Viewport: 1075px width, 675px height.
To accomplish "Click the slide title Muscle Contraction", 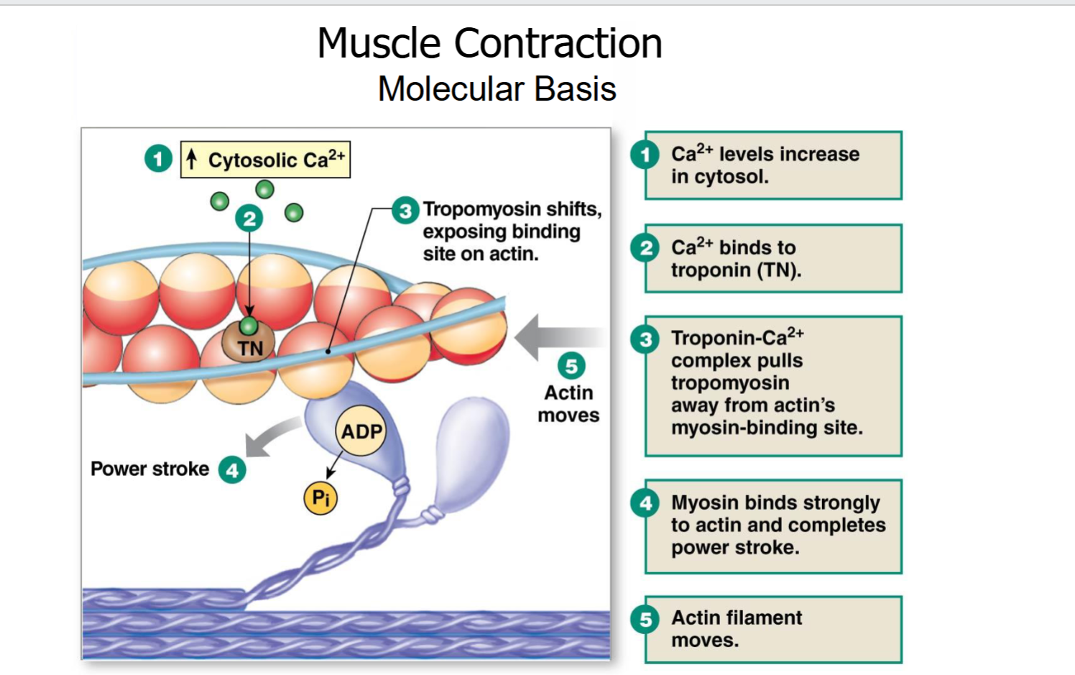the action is [x=489, y=43].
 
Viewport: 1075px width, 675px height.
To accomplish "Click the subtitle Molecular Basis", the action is [x=497, y=89].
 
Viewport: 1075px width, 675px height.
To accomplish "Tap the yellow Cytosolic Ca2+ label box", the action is [x=265, y=160].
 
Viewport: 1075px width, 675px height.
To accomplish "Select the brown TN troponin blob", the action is [x=249, y=342].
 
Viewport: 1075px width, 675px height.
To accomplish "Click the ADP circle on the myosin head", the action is [x=361, y=431].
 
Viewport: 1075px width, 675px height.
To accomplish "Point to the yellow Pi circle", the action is [x=320, y=497].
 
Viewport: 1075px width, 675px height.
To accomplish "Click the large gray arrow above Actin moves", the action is [x=559, y=337].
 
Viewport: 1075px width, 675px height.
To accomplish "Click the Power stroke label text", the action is [x=149, y=469].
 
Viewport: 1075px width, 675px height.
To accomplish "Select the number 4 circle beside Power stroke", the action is [x=232, y=470].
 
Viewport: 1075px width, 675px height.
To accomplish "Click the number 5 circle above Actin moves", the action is [x=571, y=366].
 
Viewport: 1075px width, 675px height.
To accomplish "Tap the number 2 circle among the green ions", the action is [x=249, y=219].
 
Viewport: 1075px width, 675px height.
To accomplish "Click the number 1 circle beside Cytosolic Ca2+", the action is [x=158, y=158].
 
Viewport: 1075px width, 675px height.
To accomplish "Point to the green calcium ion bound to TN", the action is [x=249, y=326].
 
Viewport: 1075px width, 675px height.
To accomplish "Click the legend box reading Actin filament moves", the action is [x=773, y=630].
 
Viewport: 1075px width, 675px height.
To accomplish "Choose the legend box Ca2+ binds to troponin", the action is [x=773, y=258].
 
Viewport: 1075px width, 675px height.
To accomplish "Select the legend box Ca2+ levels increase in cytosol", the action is [x=773, y=165].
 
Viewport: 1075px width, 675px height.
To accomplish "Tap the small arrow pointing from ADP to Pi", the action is [x=334, y=464].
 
